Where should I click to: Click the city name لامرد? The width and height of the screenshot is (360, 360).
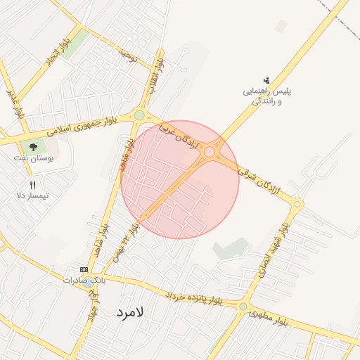tap(130, 311)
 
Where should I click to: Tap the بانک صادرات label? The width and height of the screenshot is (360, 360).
tap(84, 280)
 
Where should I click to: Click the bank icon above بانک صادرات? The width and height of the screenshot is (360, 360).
tap(84, 270)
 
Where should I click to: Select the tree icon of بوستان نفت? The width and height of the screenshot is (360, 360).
tap(33, 146)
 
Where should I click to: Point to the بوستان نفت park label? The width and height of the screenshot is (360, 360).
tap(33, 157)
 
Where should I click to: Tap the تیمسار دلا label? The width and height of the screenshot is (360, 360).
tap(33, 195)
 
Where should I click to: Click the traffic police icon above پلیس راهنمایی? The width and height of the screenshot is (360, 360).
tap(266, 80)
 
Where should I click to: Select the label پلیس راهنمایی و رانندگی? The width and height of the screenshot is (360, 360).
tap(266, 96)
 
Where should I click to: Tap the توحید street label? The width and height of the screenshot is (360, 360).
tap(127, 52)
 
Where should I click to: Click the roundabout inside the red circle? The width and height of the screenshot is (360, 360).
tap(210, 152)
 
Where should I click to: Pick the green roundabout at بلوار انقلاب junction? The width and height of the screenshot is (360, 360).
tap(140, 115)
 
